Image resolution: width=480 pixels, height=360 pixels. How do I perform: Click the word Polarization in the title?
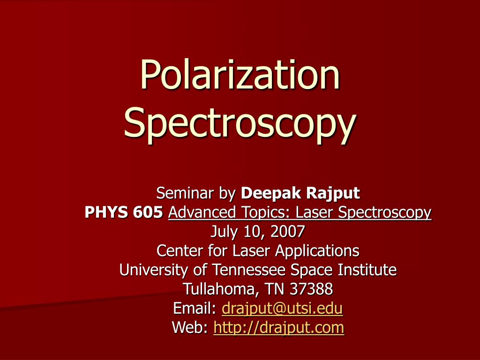[x=240, y=75]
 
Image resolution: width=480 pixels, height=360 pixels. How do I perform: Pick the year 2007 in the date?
[x=287, y=231]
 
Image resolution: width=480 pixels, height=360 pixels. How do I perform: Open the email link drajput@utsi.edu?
[x=282, y=308]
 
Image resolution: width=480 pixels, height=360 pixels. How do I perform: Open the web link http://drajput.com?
[x=278, y=328]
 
